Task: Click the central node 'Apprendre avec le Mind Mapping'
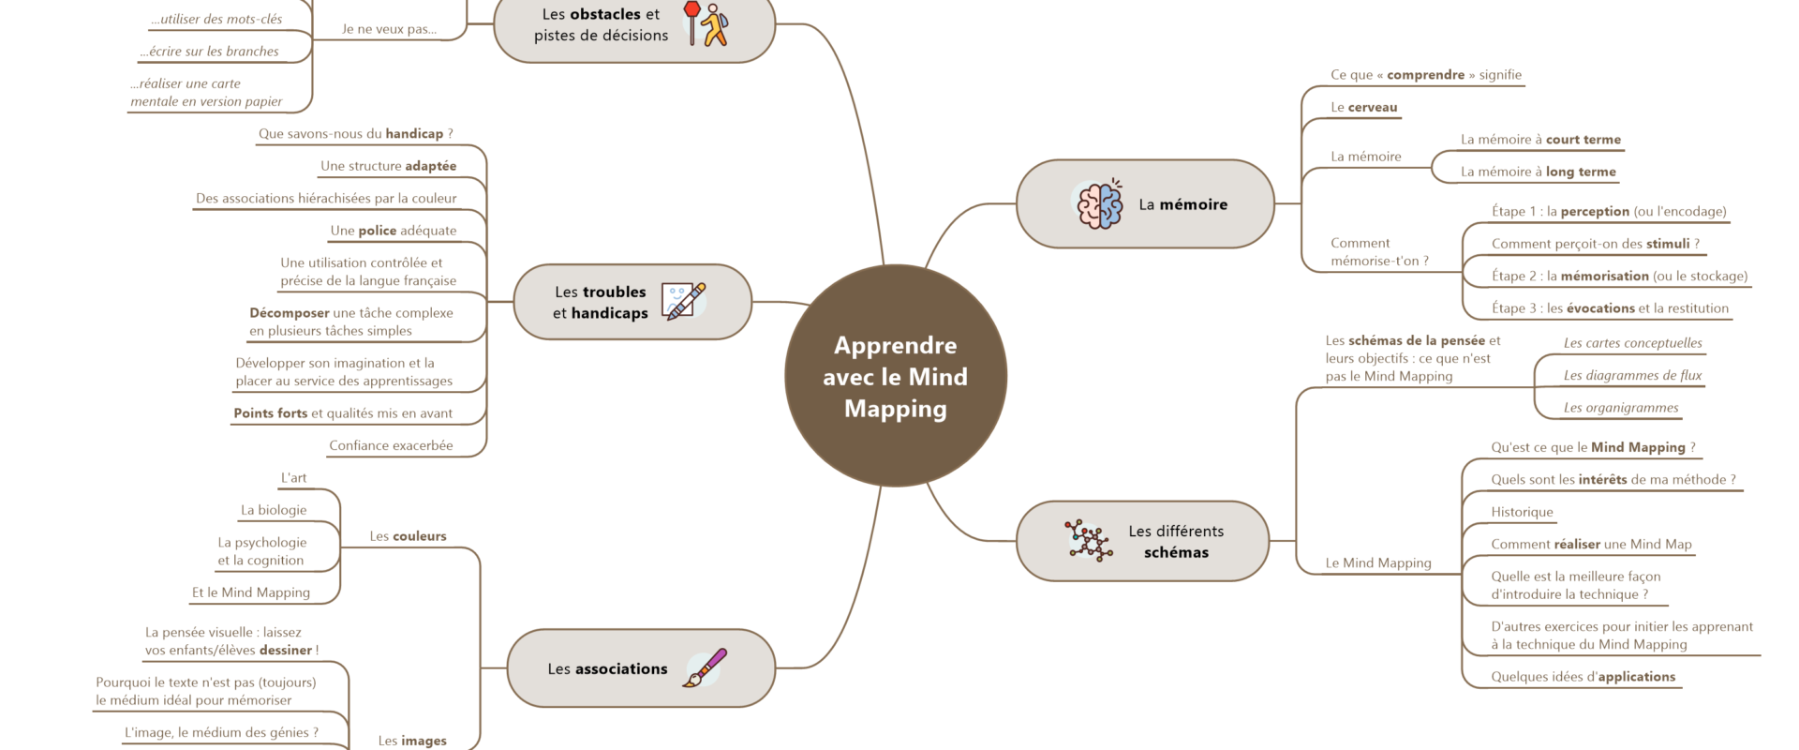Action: point(895,376)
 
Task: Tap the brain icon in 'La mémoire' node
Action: point(1099,203)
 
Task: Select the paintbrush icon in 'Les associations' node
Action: point(705,667)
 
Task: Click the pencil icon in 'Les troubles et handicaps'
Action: point(684,301)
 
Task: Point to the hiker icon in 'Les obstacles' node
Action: point(715,25)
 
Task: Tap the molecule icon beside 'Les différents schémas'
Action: point(1088,541)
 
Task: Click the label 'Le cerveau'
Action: point(1363,108)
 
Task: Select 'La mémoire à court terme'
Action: point(1540,140)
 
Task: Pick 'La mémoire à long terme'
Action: point(1538,172)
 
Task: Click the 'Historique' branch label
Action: point(1522,512)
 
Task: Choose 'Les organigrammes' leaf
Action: point(1620,408)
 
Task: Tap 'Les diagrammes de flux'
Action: point(1632,375)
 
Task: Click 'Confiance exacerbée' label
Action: point(391,445)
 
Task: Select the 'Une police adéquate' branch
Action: point(394,231)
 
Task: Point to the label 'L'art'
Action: point(293,478)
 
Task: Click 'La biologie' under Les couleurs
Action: point(274,510)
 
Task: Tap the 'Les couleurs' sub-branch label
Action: point(408,536)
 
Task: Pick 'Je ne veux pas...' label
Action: point(389,29)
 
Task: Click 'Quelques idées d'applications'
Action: point(1583,677)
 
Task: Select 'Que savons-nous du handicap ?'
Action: point(355,134)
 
